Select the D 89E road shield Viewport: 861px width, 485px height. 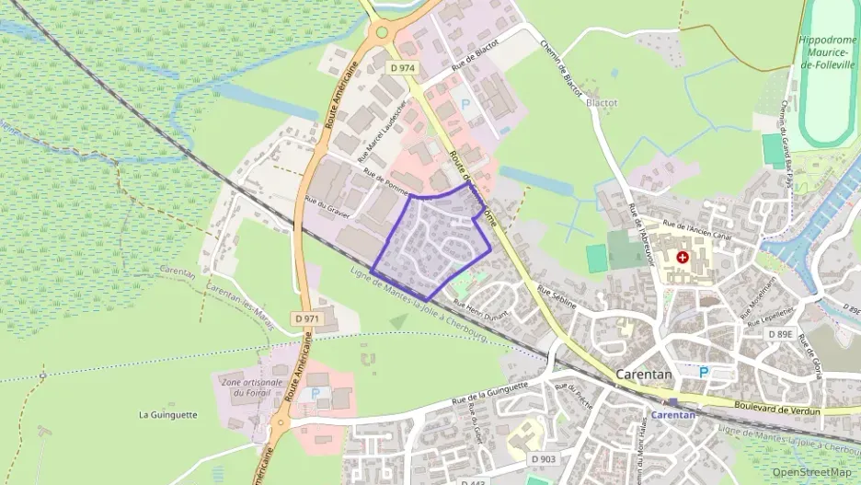click(x=780, y=334)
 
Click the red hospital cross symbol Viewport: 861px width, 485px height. click(x=683, y=258)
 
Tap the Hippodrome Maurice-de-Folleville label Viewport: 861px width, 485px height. click(x=829, y=54)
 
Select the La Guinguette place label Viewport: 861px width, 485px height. click(x=167, y=414)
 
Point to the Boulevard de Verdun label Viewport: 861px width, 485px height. click(x=776, y=406)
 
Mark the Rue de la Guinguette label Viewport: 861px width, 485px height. click(x=488, y=393)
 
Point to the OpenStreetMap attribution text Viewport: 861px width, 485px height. click(x=812, y=472)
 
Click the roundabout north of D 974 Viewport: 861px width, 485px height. click(x=380, y=33)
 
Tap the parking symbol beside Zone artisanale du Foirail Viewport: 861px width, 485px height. click(x=316, y=392)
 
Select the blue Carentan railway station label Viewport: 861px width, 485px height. click(x=672, y=414)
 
